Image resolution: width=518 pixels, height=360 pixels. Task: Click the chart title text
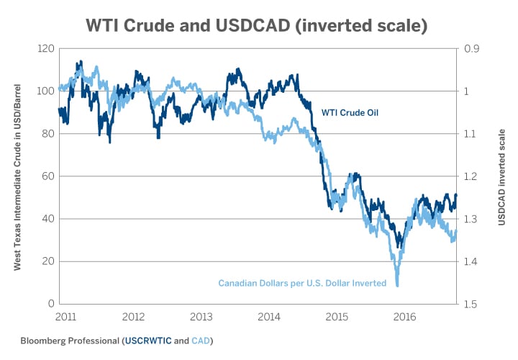coord(258,26)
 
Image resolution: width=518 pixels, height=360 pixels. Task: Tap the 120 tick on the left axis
coord(45,49)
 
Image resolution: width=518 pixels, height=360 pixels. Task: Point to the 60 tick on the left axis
coord(48,176)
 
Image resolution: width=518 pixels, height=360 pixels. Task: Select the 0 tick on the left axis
coord(51,304)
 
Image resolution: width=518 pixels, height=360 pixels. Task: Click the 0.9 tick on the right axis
coord(471,49)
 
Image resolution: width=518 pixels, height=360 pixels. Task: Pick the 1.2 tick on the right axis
coord(471,176)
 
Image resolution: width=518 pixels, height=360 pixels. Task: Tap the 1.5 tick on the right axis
coord(471,304)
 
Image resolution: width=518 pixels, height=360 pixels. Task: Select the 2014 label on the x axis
coord(269,317)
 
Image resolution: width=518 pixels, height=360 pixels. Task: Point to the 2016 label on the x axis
coord(404,317)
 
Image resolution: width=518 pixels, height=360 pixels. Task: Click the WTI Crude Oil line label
coord(350,112)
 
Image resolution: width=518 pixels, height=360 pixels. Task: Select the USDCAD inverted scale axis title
coord(501,176)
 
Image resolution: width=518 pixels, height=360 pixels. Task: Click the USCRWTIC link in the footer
coord(149,340)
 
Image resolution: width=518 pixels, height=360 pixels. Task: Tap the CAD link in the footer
coord(201,340)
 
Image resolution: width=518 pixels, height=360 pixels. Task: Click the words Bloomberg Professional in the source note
coord(70,340)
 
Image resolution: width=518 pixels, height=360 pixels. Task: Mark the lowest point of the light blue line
coord(397,287)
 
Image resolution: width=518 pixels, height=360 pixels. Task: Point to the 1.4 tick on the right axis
coord(471,261)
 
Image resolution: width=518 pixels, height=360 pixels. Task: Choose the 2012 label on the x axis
coord(135,317)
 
